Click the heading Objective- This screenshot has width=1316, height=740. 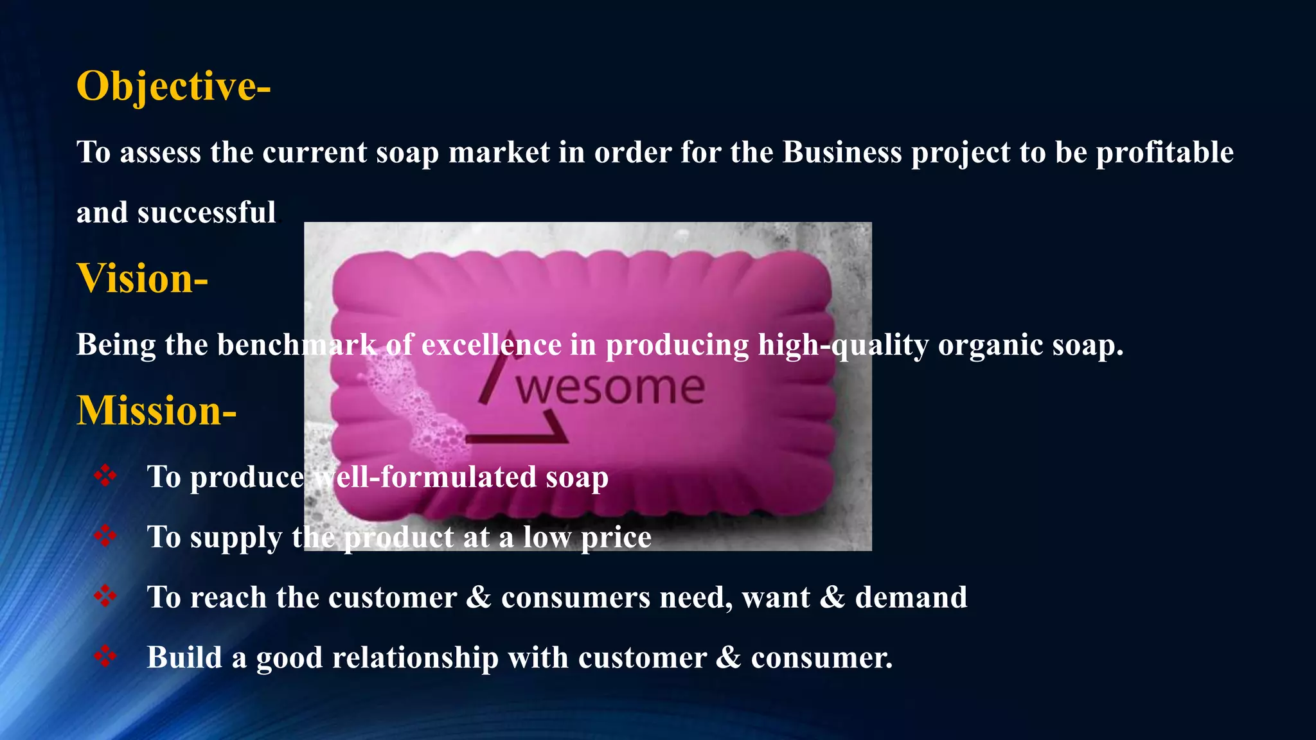(173, 86)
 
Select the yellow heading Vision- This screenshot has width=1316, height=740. (142, 279)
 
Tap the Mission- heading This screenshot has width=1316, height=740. (157, 410)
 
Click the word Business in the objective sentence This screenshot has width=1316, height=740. (842, 153)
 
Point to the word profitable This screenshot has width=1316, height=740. (1164, 153)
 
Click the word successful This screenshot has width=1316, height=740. (206, 213)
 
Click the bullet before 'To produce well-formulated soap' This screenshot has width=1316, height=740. (105, 476)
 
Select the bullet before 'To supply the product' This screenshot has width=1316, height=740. (105, 536)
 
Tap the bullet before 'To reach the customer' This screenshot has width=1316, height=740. (105, 597)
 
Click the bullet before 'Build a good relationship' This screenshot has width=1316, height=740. (105, 656)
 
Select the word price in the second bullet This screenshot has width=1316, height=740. (616, 538)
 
